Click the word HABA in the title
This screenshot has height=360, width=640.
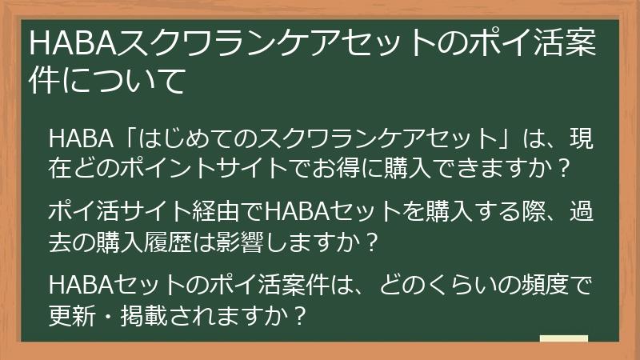72,45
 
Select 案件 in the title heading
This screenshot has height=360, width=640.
576,45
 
